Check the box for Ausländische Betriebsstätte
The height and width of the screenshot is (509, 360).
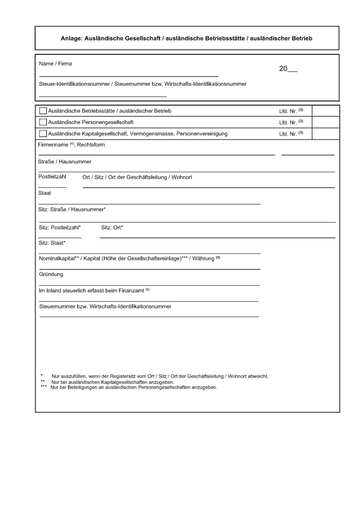coord(43,111)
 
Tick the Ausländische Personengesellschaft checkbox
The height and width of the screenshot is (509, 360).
coord(43,122)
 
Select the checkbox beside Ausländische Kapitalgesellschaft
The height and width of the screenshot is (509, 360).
coord(43,134)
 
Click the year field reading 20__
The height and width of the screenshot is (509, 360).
coord(288,70)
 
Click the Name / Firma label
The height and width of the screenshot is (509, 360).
coord(55,63)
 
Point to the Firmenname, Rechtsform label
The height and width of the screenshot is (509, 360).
coord(71,145)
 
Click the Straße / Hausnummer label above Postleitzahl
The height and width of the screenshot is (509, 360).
coord(61,162)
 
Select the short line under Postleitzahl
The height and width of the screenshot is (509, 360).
coord(52,187)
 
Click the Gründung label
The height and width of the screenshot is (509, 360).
coord(51,275)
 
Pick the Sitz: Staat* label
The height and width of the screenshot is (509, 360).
coord(52,243)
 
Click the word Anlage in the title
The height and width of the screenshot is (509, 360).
coord(71,38)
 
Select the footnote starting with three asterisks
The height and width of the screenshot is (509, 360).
coord(129,387)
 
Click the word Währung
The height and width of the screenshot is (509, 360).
coord(203,259)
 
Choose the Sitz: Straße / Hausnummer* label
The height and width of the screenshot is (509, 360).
coord(72,210)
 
